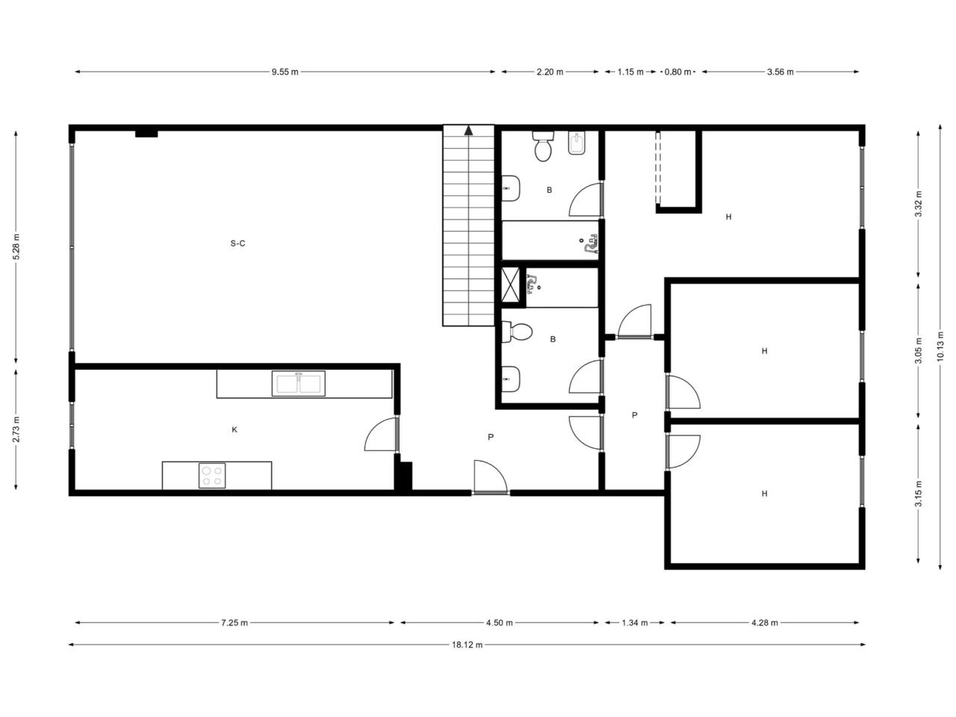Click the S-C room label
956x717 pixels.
pos(238,243)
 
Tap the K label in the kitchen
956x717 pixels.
pos(235,429)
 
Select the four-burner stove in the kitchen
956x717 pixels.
pos(212,476)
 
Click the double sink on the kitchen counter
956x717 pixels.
pos(298,384)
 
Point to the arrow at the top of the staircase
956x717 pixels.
pos(468,130)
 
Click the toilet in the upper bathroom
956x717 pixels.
pos(543,146)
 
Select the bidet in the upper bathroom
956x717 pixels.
pos(577,143)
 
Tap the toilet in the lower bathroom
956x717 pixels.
pos(517,332)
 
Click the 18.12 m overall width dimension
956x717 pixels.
pos(467,645)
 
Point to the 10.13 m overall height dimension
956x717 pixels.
pos(940,346)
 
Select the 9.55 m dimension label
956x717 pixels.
pos(285,72)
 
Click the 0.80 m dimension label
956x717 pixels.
pos(677,72)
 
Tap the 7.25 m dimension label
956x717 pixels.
pos(235,623)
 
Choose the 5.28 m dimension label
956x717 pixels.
pos(16,246)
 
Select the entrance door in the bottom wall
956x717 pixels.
pos(491,477)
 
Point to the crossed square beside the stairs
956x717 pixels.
pos(510,285)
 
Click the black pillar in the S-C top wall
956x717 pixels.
pos(146,134)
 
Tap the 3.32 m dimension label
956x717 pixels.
pos(918,204)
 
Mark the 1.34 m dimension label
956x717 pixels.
pos(635,623)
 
